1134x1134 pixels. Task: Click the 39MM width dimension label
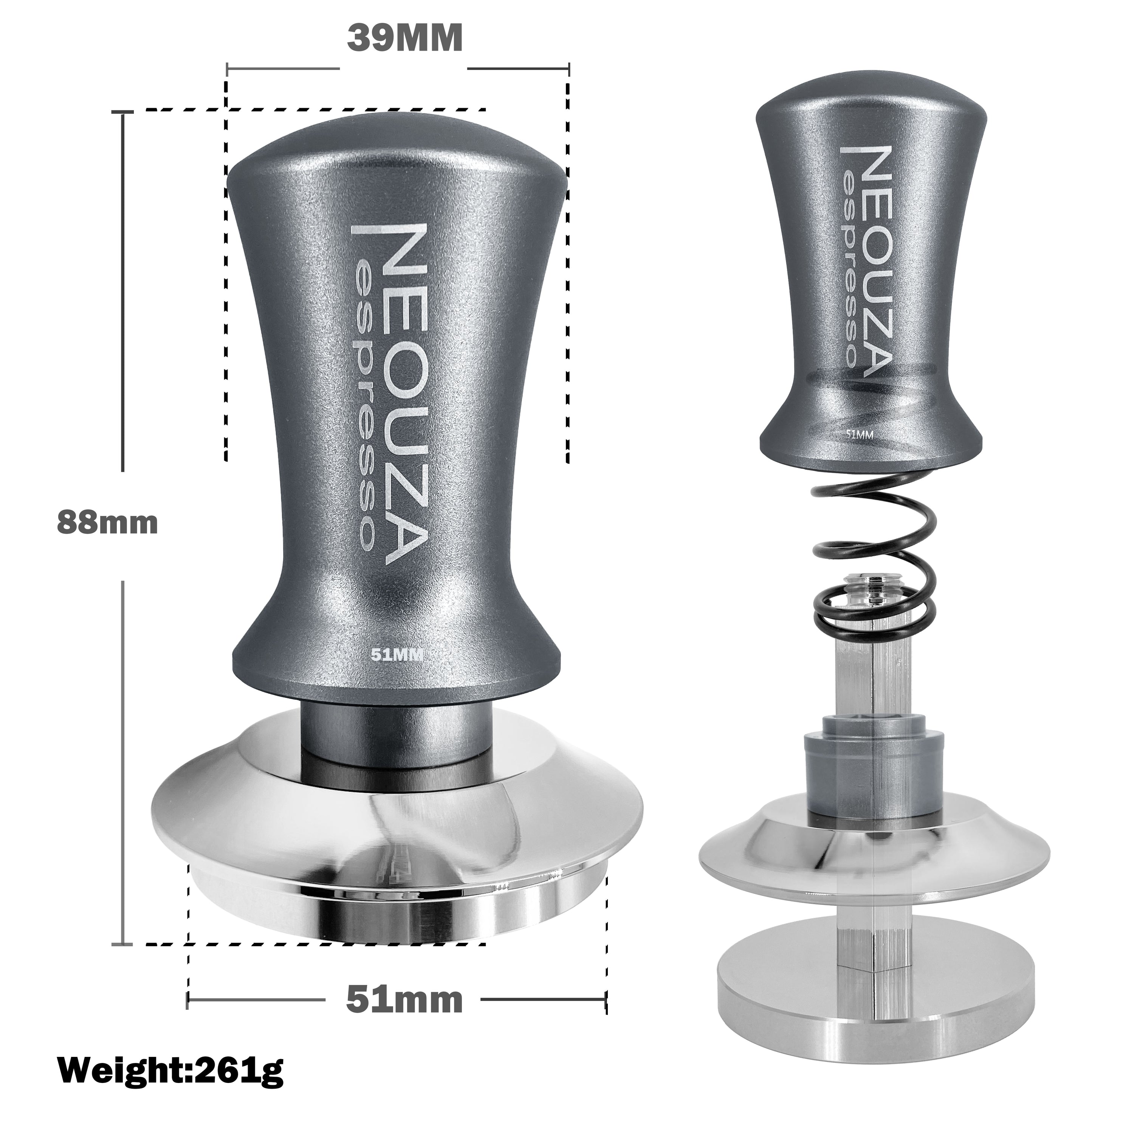(x=404, y=39)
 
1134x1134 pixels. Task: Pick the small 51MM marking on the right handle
(x=860, y=434)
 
